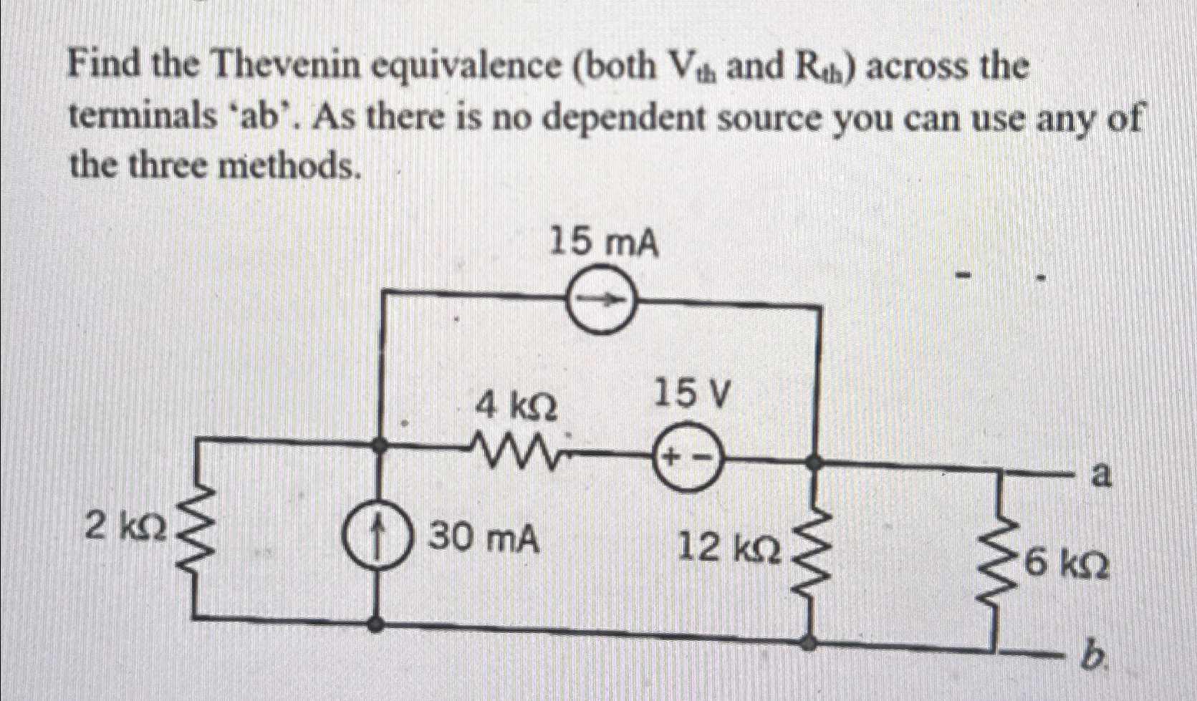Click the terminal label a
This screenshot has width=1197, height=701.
point(1101,474)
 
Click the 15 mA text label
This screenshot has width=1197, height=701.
point(603,243)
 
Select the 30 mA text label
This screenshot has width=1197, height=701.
point(484,538)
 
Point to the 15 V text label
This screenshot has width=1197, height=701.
point(692,394)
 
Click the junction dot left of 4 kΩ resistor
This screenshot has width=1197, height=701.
point(380,445)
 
